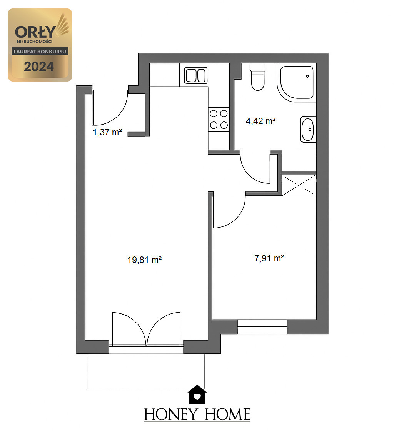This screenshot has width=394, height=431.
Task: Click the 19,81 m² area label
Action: pyautogui.click(x=144, y=260)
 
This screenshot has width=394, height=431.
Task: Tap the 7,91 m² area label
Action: pyautogui.click(x=269, y=258)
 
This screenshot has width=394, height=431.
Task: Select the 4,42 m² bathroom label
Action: pyautogui.click(x=260, y=121)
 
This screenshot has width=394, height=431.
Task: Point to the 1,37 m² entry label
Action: pyautogui.click(x=107, y=132)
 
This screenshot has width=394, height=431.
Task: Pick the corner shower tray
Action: pyautogui.click(x=297, y=82)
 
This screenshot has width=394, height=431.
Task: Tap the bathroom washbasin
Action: pyautogui.click(x=308, y=130)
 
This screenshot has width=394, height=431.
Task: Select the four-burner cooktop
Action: pyautogui.click(x=219, y=119)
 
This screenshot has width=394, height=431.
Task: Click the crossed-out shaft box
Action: pyautogui.click(x=299, y=185)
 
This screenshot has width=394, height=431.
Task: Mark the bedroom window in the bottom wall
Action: pyautogui.click(x=262, y=327)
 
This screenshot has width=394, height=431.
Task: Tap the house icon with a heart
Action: pyautogui.click(x=197, y=395)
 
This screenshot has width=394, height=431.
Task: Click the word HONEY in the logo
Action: pyautogui.click(x=171, y=414)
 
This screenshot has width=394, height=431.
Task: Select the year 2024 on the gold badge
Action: pyautogui.click(x=39, y=67)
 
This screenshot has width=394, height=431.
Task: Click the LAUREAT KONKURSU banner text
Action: pyautogui.click(x=40, y=52)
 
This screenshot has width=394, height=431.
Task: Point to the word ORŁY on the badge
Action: pyautogui.click(x=35, y=32)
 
